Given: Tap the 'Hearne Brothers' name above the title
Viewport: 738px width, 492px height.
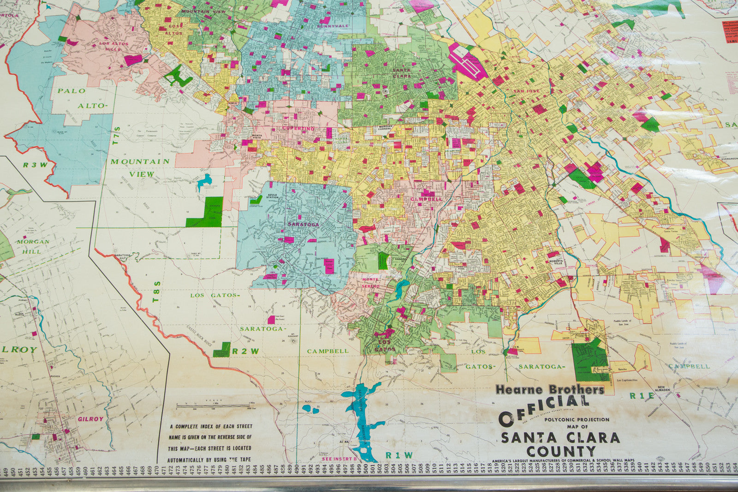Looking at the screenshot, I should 550,390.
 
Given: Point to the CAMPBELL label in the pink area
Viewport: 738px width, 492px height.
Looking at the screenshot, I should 426,199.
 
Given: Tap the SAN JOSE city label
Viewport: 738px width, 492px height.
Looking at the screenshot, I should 526,91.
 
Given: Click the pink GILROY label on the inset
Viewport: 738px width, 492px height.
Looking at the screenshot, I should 90,419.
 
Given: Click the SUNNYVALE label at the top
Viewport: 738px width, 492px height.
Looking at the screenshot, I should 333,26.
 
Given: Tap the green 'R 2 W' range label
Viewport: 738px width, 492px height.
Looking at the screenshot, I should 245,351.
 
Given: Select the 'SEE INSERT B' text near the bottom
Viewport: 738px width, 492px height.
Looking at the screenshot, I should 339,459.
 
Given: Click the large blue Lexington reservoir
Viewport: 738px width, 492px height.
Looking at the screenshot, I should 362,417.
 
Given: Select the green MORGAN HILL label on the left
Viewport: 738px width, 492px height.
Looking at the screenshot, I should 33,246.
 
